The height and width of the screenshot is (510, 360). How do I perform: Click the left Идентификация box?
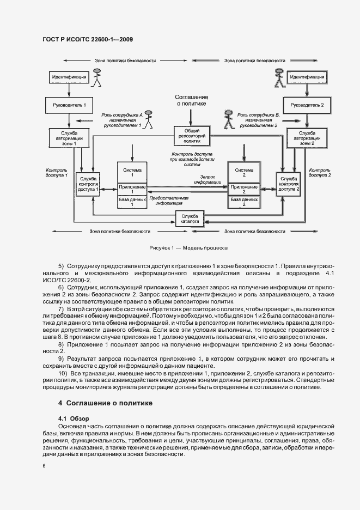pos(69,78)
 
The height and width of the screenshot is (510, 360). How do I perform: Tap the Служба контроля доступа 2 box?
pos(289,185)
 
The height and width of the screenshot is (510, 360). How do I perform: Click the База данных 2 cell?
pos(243,202)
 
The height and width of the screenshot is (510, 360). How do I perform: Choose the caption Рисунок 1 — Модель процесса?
pos(188,246)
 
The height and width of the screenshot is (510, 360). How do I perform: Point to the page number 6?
pos(44,466)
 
